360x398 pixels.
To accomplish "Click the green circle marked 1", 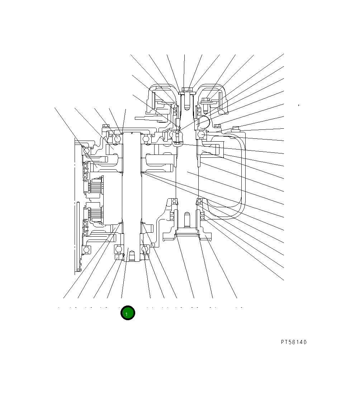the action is pos(128,313).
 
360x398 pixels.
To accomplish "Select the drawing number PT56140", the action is pos(294,342).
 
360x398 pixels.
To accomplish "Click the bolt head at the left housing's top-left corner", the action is pos(105,126).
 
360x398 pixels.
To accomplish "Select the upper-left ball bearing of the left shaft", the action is pos(118,139).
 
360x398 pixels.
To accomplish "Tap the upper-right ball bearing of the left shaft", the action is pos(146,139).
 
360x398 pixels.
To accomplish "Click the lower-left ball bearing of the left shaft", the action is pos(118,249).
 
